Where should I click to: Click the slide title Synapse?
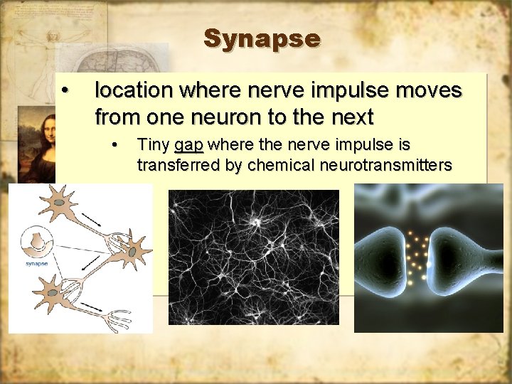coord(262,38)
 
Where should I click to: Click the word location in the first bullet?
coord(134,91)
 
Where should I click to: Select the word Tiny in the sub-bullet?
coord(153,145)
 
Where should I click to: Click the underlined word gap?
coord(188,146)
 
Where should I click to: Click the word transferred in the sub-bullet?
coord(171,166)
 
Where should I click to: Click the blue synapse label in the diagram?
coord(37,264)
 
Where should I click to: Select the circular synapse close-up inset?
coord(36,244)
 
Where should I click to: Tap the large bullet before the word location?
coord(65,90)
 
